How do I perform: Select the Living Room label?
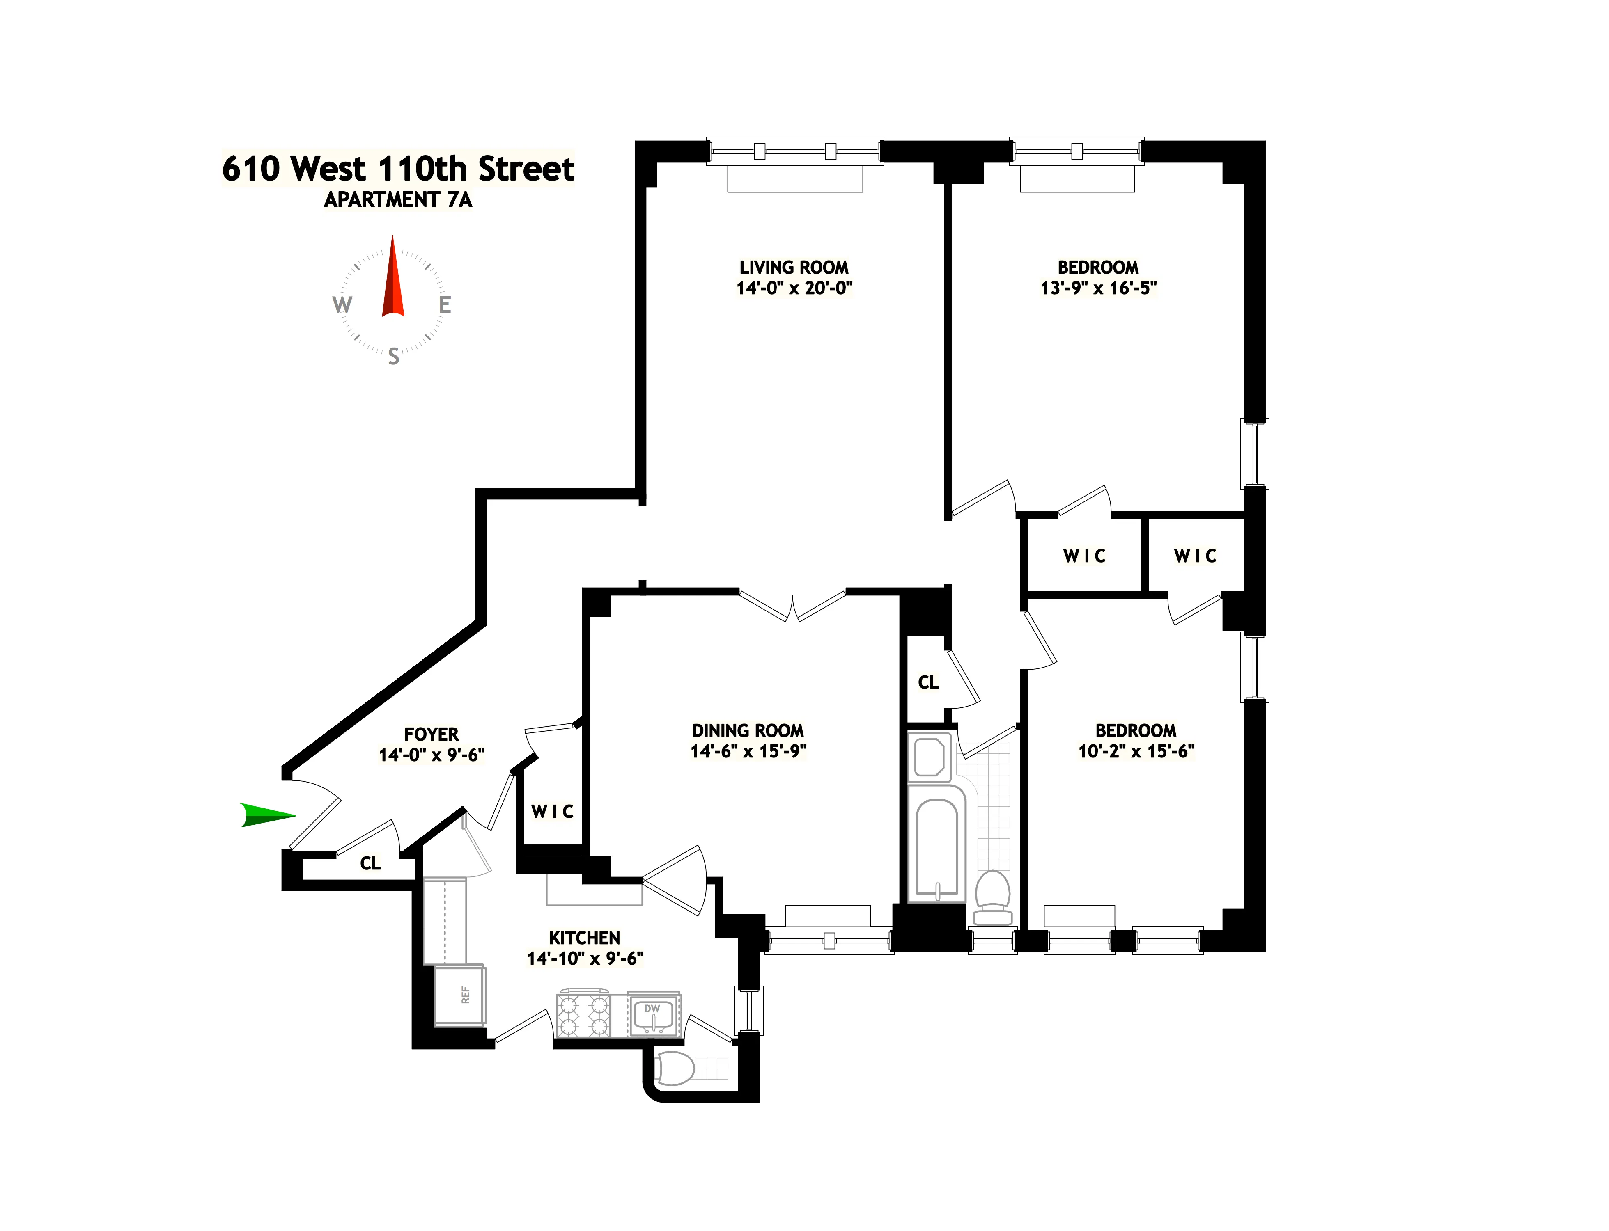coord(794,268)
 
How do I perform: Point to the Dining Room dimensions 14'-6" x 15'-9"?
coord(748,751)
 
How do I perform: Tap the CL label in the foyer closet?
coord(370,863)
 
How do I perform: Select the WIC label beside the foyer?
coord(552,811)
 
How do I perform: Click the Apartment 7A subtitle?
coord(398,199)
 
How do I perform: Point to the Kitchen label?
coord(584,938)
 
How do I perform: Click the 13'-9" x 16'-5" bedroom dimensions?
coord(1098,288)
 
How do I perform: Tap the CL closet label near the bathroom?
coord(927,682)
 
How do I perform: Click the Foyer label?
coord(431,734)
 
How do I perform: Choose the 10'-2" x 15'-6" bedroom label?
coord(1136,751)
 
